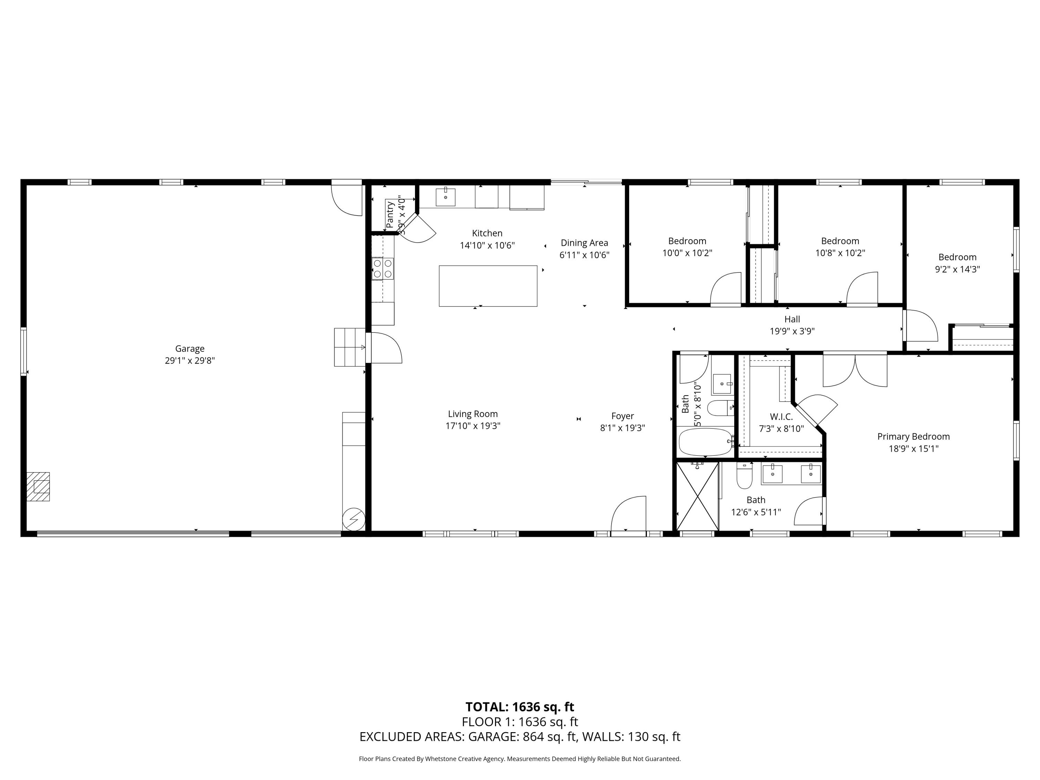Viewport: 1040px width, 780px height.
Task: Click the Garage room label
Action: [x=190, y=348]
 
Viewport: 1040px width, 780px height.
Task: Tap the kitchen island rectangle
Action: [x=488, y=286]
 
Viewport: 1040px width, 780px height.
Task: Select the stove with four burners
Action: [x=382, y=268]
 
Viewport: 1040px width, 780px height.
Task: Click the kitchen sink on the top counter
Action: [x=445, y=197]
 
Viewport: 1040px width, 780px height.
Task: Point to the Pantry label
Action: [x=390, y=214]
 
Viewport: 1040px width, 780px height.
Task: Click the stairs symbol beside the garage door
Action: [x=349, y=347]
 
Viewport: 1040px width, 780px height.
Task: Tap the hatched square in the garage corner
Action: [x=38, y=487]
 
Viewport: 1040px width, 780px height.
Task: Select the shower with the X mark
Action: [x=697, y=496]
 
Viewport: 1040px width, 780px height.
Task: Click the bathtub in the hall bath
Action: [x=705, y=442]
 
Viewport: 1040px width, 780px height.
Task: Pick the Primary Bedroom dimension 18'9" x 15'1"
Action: [x=913, y=449]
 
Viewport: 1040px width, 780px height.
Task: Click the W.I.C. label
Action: [x=781, y=417]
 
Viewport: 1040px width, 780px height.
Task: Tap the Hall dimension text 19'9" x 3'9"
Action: [x=792, y=331]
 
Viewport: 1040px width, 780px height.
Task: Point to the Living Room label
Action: [x=473, y=414]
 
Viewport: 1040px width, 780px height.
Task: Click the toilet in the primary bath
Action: [x=744, y=476]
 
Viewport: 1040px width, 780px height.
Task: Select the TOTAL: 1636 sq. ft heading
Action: [x=520, y=707]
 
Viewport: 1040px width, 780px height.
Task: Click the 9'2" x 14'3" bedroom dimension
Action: [x=957, y=269]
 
